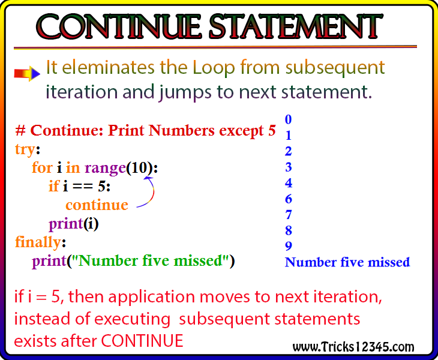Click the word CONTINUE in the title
[x=119, y=26]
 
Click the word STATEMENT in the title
[x=296, y=26]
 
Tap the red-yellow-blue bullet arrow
[x=27, y=74]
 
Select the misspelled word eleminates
[x=109, y=68]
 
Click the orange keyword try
[x=25, y=150]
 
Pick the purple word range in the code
[x=106, y=169]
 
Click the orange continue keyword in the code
[x=97, y=205]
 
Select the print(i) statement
[x=74, y=224]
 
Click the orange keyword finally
[x=38, y=242]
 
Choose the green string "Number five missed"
[x=151, y=260]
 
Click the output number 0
[x=288, y=119]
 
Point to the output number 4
[x=288, y=183]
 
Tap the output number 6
[x=288, y=199]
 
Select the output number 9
[x=288, y=246]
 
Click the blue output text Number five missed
[x=347, y=262]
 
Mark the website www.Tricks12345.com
[x=353, y=347]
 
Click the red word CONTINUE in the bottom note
[x=142, y=341]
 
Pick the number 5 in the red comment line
[x=272, y=130]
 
